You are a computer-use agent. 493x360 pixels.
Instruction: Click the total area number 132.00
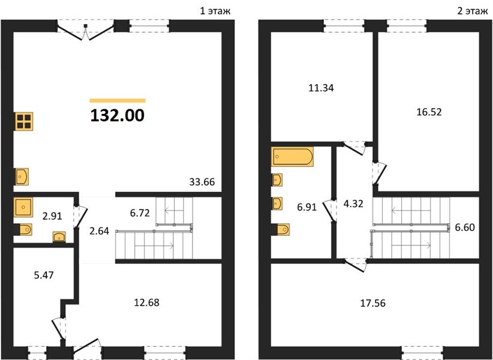pos(118,115)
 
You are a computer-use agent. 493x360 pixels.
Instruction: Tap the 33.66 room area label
pos(202,182)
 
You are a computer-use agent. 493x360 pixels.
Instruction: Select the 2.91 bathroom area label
pos(52,216)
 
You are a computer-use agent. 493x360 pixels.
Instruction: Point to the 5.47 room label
pos(43,275)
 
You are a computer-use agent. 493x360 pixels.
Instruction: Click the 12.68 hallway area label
pos(146,302)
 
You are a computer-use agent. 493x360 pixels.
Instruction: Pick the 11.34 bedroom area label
pos(321,88)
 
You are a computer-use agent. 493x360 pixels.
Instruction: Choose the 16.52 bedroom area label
pos(429,112)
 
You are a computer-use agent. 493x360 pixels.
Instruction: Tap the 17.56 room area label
pos(372,303)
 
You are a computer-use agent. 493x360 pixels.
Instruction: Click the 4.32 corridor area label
pos(353,204)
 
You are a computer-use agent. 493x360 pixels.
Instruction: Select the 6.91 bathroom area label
pos(306,207)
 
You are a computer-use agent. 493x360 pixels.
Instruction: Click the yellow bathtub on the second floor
pos(293,156)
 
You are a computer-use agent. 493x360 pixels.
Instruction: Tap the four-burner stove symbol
pos(24,121)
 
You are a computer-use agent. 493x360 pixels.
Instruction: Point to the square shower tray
pos(23,207)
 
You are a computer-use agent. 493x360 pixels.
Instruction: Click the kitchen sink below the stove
pos(22,176)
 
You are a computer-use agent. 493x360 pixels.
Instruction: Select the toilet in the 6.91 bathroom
pos(281,229)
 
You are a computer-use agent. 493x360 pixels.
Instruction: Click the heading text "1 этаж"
pos(215,11)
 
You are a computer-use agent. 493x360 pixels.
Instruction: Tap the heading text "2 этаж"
pos(472,11)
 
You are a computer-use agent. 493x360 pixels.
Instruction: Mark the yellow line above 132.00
pos(118,101)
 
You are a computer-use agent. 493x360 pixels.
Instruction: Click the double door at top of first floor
pos(86,31)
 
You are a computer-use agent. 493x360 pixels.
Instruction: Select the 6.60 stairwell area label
pos(465,227)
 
